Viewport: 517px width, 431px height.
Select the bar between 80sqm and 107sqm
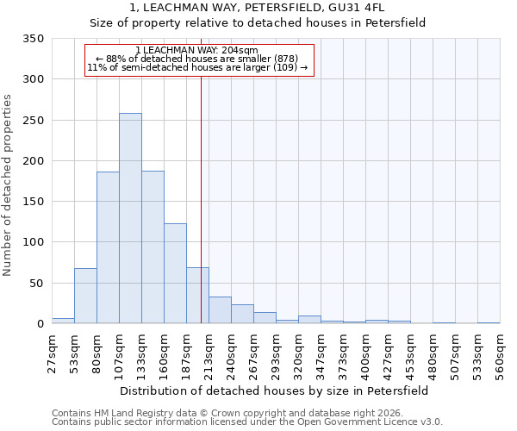[x=108, y=247]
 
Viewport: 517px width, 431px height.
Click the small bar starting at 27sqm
[x=63, y=321]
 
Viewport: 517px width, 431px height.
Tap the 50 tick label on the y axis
[x=37, y=284]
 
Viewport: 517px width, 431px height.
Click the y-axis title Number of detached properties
[x=9, y=185]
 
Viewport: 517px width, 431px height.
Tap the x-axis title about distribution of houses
[x=274, y=390]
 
